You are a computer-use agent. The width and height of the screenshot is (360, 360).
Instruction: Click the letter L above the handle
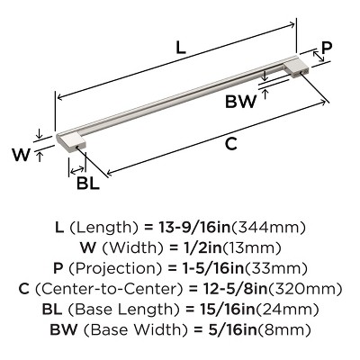181,50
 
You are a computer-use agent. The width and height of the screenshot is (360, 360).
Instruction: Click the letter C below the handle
231,141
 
